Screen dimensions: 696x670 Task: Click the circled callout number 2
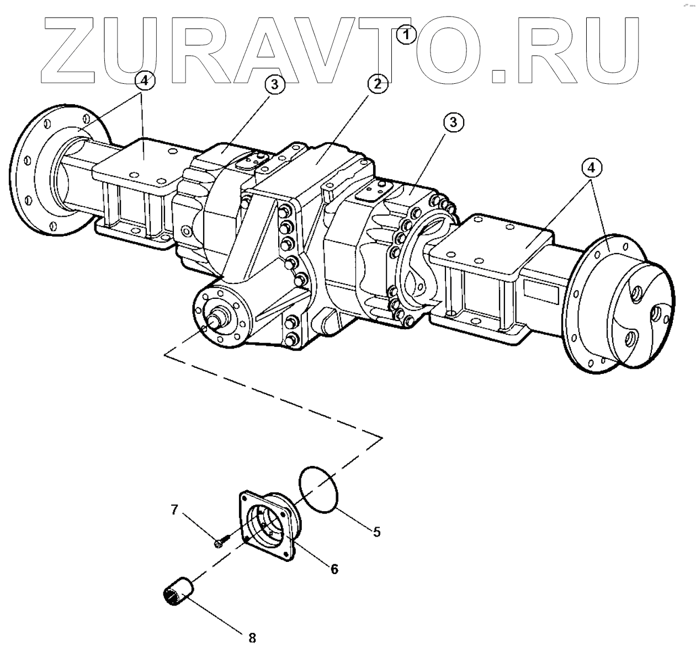(x=378, y=84)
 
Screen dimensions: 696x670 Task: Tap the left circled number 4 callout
(x=144, y=81)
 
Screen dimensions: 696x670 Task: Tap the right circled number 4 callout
(x=591, y=167)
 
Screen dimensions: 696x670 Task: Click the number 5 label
(x=376, y=532)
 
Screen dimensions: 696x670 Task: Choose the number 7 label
(x=174, y=510)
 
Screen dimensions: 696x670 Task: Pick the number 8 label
(x=252, y=638)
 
